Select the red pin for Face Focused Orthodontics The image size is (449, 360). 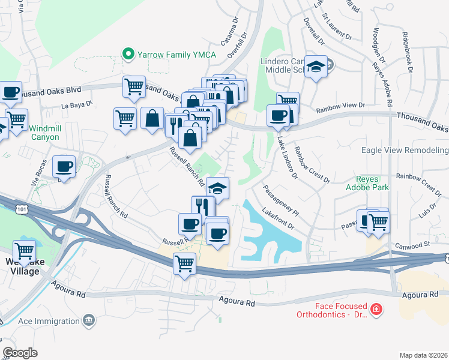click(x=376, y=310)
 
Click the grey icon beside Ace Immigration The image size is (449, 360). click(x=89, y=320)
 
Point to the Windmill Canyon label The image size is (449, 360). click(x=44, y=133)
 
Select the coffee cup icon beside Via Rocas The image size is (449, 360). click(x=64, y=166)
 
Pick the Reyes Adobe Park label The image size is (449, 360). click(x=372, y=183)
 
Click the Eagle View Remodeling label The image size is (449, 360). click(x=405, y=150)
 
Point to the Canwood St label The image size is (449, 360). click(x=414, y=245)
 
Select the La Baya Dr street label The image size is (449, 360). click(x=77, y=104)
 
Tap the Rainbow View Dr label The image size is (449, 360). click(x=340, y=105)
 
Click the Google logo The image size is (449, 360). click(x=20, y=353)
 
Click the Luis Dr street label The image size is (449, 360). click(x=427, y=211)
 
